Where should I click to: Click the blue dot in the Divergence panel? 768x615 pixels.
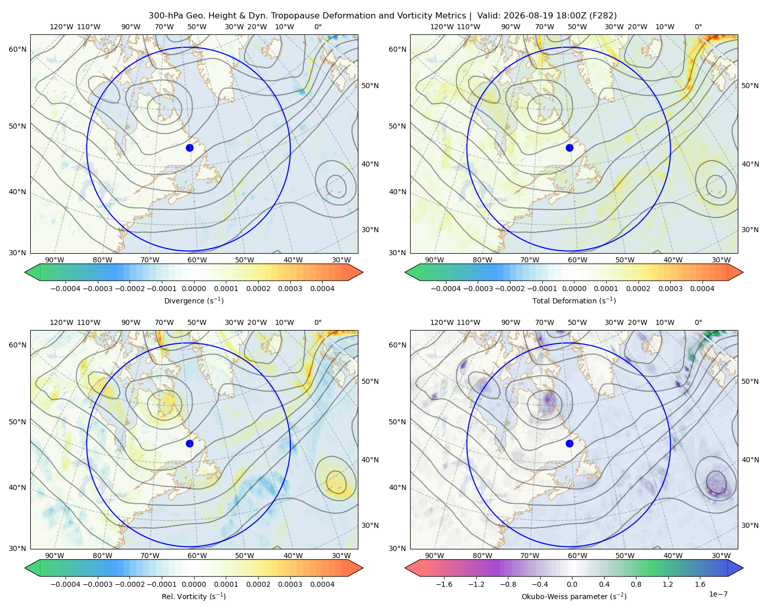pos(189,148)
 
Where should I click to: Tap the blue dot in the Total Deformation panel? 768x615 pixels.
pos(569,148)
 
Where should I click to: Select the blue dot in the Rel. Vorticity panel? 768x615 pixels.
pos(189,443)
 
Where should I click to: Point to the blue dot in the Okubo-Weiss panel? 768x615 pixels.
pos(569,443)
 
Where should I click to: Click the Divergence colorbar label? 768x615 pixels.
pos(194,300)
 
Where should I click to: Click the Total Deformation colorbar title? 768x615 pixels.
pos(574,300)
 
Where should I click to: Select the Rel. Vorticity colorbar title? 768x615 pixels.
pos(194,597)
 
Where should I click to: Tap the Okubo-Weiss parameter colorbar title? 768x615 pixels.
pos(574,597)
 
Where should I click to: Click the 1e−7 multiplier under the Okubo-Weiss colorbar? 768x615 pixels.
pos(718,594)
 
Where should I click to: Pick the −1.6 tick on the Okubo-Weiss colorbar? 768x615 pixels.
pos(444,584)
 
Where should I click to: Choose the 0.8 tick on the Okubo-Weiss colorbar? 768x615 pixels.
pos(636,584)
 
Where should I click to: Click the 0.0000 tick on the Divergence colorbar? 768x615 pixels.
pos(194,289)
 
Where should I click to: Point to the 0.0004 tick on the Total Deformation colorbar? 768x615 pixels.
pos(702,289)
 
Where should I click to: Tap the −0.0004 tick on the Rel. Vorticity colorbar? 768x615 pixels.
pos(66,584)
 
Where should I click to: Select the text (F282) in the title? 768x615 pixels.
pos(603,16)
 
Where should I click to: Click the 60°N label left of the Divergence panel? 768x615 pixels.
pos(17,49)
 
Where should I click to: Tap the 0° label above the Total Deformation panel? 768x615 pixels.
pos(698,27)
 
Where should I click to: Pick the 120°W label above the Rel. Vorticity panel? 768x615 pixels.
pos(61,322)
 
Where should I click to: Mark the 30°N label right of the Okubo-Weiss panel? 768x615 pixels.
pos(750,525)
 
